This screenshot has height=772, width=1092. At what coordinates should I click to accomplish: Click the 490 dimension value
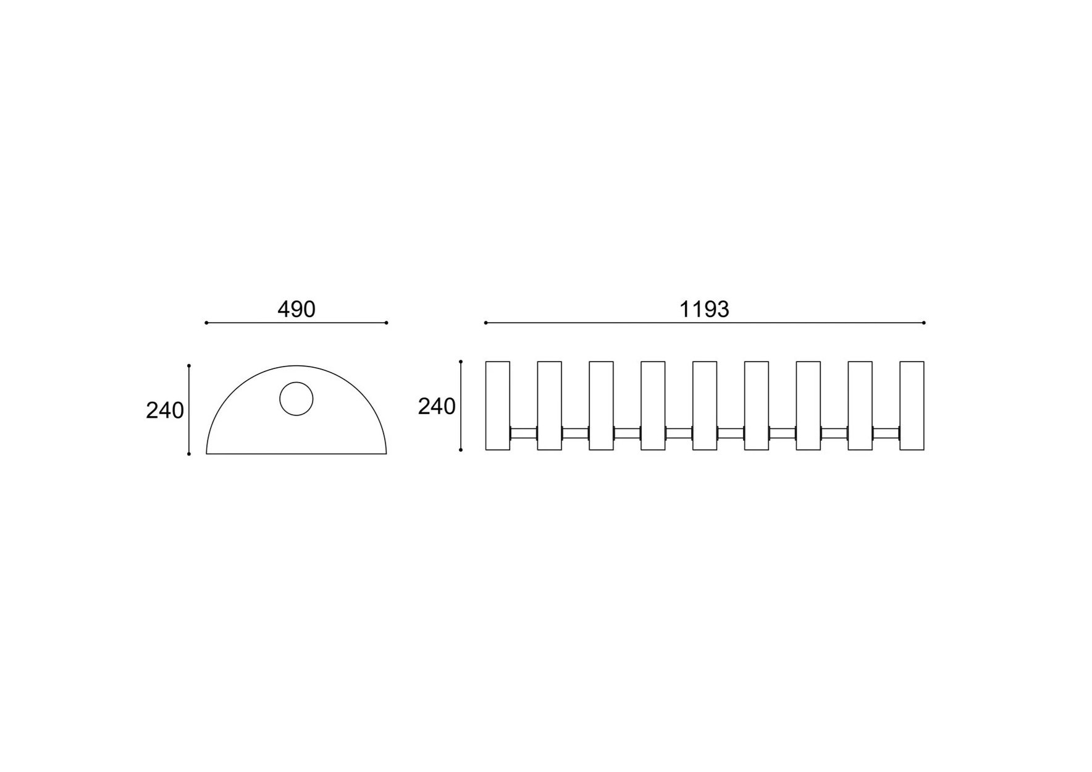(x=296, y=309)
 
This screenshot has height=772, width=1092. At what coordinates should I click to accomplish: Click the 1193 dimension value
(x=705, y=309)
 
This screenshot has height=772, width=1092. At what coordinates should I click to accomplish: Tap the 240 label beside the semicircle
(x=165, y=410)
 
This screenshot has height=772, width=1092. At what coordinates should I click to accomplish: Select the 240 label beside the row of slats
(x=437, y=406)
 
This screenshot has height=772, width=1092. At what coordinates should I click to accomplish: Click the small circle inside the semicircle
(x=296, y=399)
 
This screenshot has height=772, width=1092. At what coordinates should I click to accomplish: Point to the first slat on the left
(x=498, y=405)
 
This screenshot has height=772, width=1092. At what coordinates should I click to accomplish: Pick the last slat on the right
(x=912, y=405)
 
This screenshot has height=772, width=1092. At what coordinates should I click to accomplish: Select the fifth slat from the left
(x=705, y=405)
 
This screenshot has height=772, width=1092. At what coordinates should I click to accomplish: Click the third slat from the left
(x=601, y=405)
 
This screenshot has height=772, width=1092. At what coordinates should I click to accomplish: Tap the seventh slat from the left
(x=808, y=405)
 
